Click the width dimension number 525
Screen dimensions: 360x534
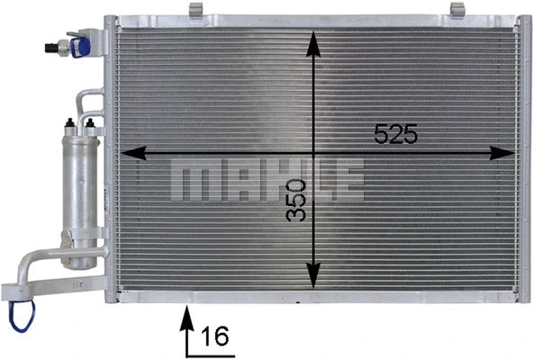396,135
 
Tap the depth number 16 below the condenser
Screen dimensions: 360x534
213,337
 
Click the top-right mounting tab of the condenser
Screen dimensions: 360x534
457,10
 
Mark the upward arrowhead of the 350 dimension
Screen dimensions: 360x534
312,41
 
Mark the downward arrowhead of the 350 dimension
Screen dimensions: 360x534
312,278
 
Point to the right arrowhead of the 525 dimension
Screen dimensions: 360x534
502,153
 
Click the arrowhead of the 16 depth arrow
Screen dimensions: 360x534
187,315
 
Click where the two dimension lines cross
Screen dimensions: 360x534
312,153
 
